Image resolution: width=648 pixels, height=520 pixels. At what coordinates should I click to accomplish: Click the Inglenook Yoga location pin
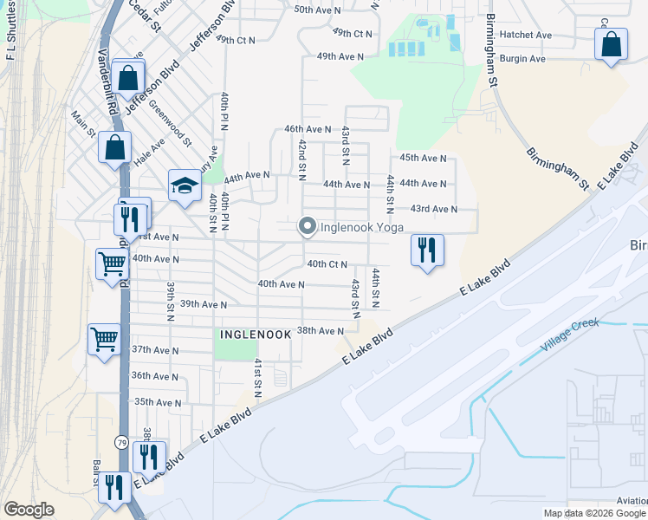pos(307,226)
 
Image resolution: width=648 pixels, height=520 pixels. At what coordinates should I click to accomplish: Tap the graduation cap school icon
pos(184,185)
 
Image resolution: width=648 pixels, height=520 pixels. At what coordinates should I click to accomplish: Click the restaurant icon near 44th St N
pos(426,250)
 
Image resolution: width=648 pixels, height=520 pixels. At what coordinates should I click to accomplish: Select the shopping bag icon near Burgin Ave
pos(611,44)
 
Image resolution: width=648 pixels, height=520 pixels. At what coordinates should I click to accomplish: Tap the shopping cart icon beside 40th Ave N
pos(112,263)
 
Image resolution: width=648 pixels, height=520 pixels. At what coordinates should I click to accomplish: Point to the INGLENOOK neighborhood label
pos(252,333)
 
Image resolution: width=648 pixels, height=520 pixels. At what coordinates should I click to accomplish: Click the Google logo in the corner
pos(29,510)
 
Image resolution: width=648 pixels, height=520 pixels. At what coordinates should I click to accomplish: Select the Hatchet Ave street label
pos(525,35)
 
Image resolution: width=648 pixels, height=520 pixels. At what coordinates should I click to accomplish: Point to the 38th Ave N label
pos(321,331)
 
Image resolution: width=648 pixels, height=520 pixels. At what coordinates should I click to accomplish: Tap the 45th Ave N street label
pos(423,159)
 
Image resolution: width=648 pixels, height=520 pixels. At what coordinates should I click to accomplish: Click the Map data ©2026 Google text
pos(593,513)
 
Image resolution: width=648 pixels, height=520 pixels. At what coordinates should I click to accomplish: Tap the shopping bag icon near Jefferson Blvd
pos(127,77)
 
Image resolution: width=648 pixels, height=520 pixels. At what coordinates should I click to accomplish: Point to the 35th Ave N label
pos(157,402)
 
